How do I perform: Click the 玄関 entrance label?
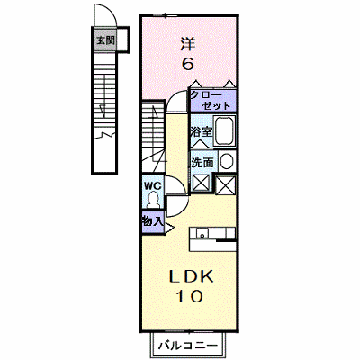[105, 40]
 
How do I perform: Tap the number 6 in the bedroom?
[188, 63]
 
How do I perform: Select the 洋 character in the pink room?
[188, 44]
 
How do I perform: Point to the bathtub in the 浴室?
[224, 130]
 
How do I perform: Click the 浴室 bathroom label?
[202, 131]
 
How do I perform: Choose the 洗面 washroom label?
[202, 163]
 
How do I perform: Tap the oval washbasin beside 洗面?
[227, 162]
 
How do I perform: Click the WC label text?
[153, 185]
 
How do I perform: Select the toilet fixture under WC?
[153, 200]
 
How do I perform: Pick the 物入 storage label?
[153, 221]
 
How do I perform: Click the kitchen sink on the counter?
[202, 233]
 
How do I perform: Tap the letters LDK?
[191, 276]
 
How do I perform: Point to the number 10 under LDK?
[189, 296]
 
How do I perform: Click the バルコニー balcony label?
[188, 346]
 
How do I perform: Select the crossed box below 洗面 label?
[201, 183]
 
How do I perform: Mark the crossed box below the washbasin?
[226, 184]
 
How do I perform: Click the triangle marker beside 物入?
[169, 228]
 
